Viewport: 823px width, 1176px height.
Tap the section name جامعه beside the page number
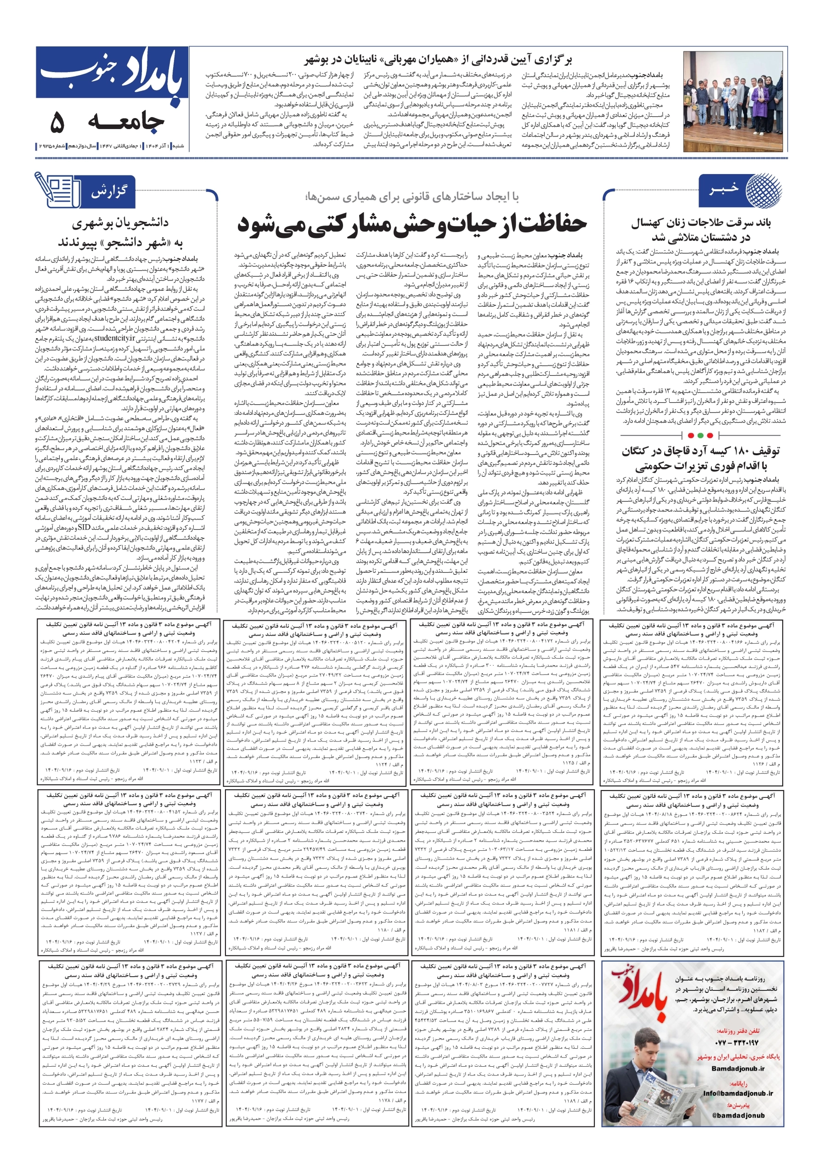point(126,122)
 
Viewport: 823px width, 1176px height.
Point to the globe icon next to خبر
point(764,191)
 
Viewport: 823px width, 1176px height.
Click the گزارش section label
point(108,192)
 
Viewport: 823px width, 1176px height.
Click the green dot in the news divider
point(709,435)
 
